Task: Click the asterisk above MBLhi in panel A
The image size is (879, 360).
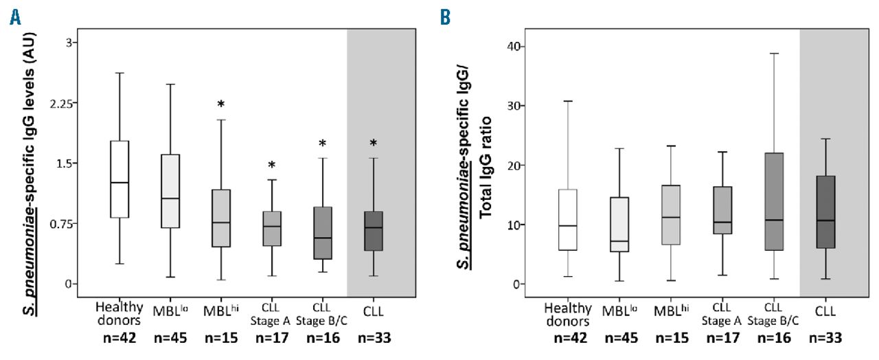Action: pos(221,104)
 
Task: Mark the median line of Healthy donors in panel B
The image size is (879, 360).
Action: pos(567,225)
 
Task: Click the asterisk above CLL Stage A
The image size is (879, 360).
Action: pos(272,166)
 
